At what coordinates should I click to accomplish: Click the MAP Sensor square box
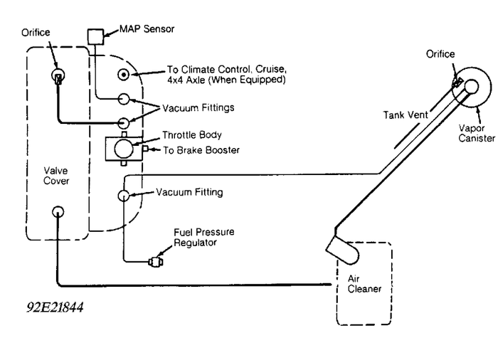95,36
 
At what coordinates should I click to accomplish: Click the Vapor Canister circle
472,88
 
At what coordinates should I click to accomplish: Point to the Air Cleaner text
364,285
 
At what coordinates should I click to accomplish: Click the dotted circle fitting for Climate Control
123,73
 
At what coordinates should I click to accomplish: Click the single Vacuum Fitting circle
124,195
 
